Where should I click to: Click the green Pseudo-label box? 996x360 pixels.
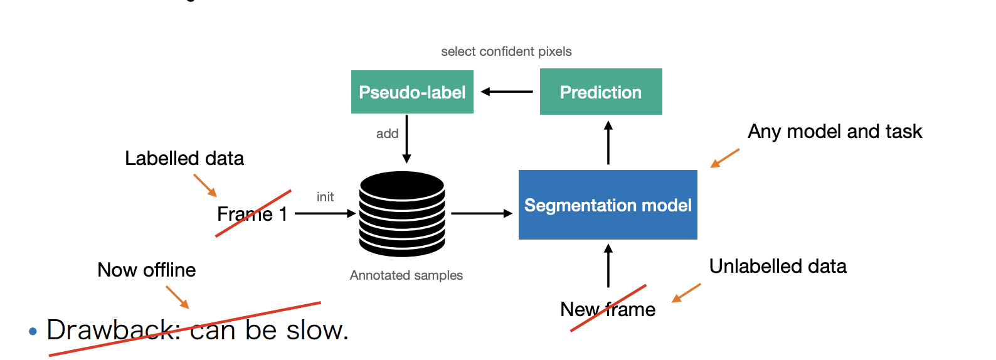pos(412,92)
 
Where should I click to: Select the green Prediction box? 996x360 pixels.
pos(601,92)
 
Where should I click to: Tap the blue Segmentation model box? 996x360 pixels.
pos(608,205)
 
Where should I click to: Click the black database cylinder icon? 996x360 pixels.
pos(402,214)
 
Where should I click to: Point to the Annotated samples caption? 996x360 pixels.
pos(406,275)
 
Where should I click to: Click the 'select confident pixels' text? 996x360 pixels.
pos(506,51)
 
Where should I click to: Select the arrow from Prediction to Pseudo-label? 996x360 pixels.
pos(507,92)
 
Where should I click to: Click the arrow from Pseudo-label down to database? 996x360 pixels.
pos(406,139)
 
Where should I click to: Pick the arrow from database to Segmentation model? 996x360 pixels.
pos(482,214)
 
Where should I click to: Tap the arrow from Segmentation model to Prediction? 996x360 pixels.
pos(608,142)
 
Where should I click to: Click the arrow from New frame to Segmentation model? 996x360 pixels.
pos(608,265)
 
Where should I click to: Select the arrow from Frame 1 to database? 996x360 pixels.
pos(325,214)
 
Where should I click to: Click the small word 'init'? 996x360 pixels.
pos(325,197)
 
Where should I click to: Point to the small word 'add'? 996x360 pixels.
pos(387,134)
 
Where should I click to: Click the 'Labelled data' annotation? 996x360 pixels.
pos(184,159)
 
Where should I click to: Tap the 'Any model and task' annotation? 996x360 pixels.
pos(835,132)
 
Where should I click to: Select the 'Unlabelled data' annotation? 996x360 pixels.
pos(778,267)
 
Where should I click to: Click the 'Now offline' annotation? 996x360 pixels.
pos(147,270)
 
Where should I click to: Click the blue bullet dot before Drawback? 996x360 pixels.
pos(33,331)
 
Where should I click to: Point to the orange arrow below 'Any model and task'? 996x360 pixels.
pos(724,158)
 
